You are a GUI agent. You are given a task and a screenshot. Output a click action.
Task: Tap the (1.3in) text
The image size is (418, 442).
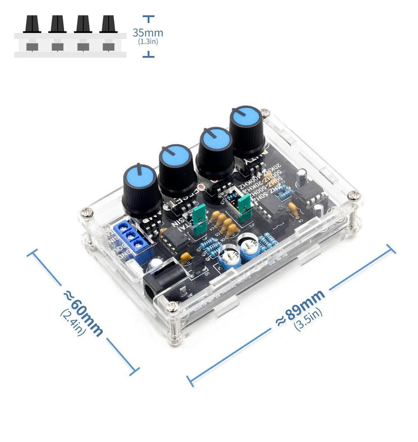coord(147,41)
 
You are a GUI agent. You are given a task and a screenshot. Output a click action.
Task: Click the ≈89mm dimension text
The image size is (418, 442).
coord(300,308)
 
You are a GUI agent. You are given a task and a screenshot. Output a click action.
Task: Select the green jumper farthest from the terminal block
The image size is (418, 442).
coord(244,206)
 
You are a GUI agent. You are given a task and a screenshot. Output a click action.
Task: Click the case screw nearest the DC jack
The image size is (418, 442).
coord(173,307)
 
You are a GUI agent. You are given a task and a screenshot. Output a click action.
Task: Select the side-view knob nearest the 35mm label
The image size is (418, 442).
coord(108,24)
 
